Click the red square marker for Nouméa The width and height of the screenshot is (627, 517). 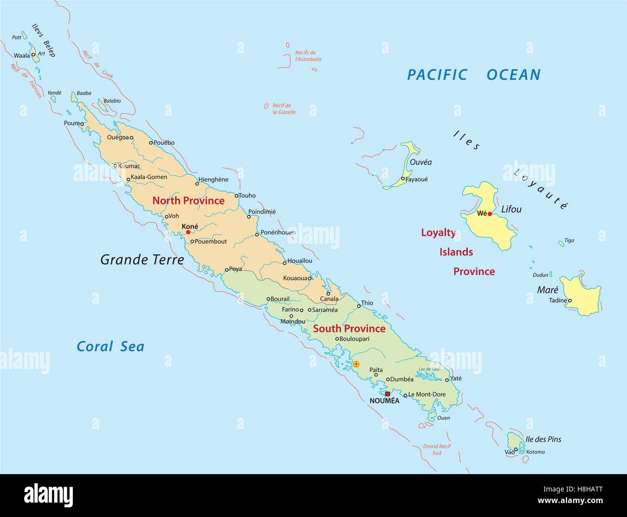coord(387,394)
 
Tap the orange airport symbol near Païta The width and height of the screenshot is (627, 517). coord(356,364)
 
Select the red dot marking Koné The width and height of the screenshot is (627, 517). coord(188,232)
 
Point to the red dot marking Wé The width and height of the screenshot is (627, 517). coord(490,214)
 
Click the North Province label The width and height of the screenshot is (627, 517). coord(189,201)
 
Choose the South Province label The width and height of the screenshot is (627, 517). coord(349,329)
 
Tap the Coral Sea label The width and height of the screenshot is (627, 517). coord(110,346)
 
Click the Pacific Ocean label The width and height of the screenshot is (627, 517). coord(474,75)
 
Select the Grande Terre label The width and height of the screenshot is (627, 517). coord(142,260)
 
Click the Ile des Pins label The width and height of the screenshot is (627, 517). coord(543,439)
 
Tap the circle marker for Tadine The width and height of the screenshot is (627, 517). coord(570,301)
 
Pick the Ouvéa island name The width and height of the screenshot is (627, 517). coord(420,162)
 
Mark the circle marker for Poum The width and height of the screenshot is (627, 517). coord(82,124)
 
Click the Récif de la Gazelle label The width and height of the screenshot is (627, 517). coord(284,109)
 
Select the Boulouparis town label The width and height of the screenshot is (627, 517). coord(354,339)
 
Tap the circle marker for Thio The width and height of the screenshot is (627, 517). coord(359,306)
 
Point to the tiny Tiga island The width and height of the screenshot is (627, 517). coord(561,242)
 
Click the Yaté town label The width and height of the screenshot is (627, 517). coord(456,379)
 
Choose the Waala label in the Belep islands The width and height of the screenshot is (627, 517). coord(22,55)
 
